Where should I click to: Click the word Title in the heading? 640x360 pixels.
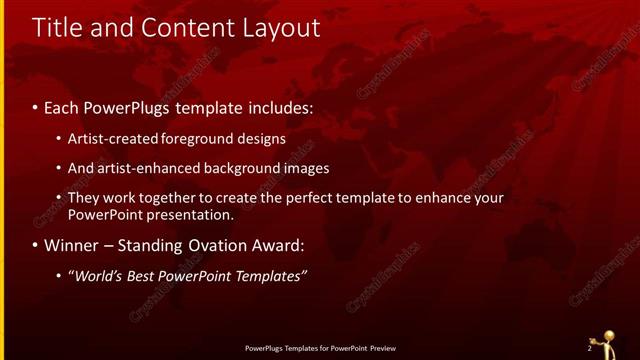coord(58,29)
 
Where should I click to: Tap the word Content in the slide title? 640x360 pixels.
coord(184,29)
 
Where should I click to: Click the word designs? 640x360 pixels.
coord(262,138)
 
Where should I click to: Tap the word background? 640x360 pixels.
coord(245,168)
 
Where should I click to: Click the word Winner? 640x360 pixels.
coord(70,245)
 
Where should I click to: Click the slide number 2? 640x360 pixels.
coord(589,349)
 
